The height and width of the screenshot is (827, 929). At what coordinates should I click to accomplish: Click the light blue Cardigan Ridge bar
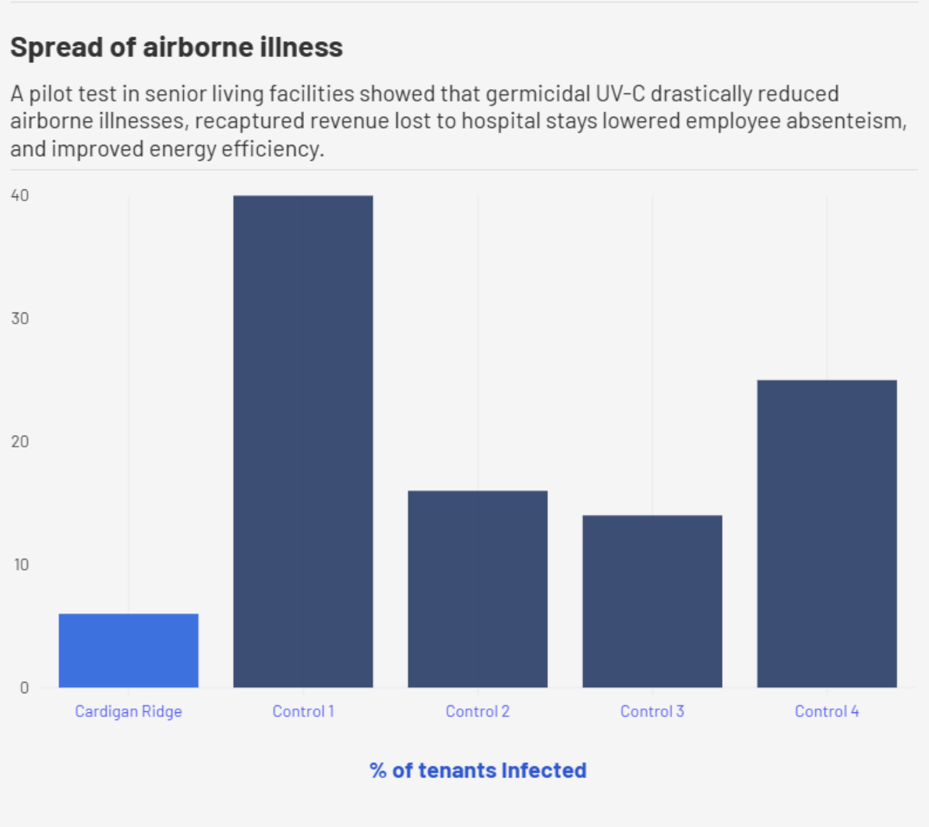click(129, 651)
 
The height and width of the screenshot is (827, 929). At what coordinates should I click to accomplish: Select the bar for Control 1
click(303, 441)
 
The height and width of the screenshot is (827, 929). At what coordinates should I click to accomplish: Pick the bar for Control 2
click(478, 589)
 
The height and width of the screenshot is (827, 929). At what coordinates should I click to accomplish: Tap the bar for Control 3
click(652, 601)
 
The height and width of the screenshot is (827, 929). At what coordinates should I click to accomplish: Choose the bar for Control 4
click(827, 534)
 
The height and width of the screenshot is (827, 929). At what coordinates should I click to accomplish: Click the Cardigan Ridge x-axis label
click(129, 712)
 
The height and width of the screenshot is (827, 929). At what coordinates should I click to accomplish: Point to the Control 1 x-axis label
click(303, 712)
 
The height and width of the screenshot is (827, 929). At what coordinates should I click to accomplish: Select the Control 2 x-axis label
click(478, 712)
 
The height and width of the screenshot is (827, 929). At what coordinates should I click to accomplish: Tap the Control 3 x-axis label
click(652, 712)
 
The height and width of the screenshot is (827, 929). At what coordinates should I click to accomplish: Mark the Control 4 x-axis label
click(827, 712)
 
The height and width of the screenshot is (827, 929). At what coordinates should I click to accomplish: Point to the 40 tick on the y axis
click(20, 196)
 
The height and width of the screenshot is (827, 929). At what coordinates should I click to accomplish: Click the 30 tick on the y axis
click(20, 319)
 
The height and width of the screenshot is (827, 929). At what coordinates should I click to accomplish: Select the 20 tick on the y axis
click(20, 442)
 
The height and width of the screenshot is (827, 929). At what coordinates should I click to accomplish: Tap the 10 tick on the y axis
click(20, 565)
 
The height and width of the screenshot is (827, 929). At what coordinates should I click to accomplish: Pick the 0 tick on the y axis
click(24, 687)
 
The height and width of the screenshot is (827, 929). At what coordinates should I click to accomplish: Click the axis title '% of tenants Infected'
click(478, 771)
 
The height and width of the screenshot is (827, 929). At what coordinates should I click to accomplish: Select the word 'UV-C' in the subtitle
click(620, 94)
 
